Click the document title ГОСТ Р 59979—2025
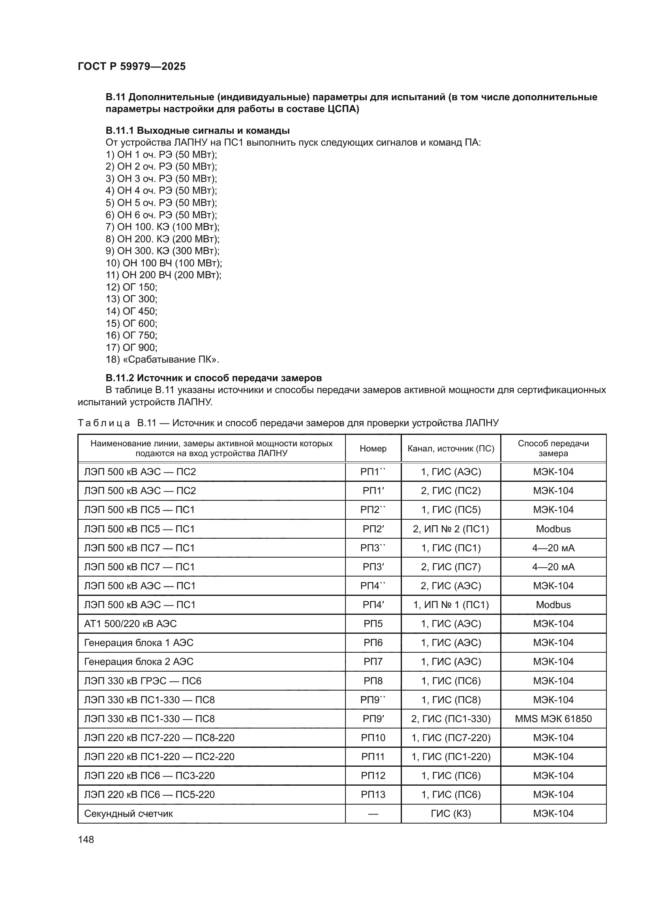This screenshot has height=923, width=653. (x=131, y=67)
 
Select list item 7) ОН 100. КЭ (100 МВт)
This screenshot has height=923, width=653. (x=162, y=227)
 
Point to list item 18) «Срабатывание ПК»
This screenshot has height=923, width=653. (x=162, y=359)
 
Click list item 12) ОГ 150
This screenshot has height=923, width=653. (x=131, y=287)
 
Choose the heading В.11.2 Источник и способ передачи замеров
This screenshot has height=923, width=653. (x=214, y=378)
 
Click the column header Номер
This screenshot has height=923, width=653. (x=373, y=449)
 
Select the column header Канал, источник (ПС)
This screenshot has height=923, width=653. (x=451, y=449)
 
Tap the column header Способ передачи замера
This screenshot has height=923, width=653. (x=553, y=449)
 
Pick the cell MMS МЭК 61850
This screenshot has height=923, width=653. (x=553, y=719)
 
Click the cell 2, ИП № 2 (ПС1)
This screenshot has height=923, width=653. (x=451, y=529)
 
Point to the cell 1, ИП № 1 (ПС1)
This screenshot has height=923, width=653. (x=451, y=605)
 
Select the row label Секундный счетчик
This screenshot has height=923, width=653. (x=128, y=814)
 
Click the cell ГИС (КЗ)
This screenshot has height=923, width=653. (x=451, y=814)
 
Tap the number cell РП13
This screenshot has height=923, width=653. (x=373, y=795)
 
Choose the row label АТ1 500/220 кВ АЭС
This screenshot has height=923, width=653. (x=130, y=624)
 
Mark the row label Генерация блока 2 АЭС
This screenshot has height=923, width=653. (x=139, y=662)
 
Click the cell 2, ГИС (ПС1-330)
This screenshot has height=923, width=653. (x=451, y=719)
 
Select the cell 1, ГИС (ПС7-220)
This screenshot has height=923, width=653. (x=451, y=738)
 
